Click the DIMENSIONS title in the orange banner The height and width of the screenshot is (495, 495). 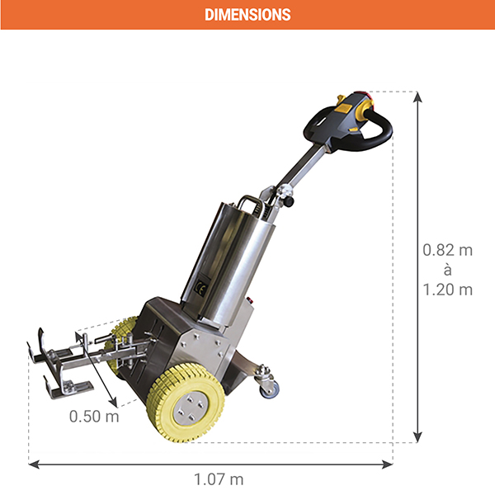(247, 15)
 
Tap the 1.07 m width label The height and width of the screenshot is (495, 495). (219, 479)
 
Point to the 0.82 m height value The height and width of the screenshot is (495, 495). (447, 250)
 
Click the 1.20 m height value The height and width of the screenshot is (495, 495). (447, 290)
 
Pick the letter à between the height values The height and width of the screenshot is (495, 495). (447, 270)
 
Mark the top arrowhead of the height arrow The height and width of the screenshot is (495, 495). (418, 97)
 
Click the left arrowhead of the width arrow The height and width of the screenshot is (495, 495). (34, 464)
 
